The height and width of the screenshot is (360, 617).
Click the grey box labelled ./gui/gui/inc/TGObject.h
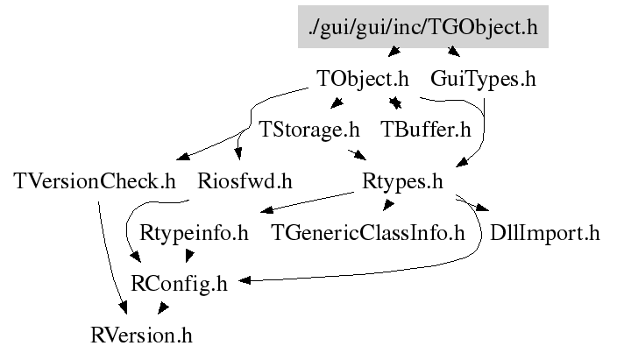coord(422,26)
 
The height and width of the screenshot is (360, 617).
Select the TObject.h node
coord(363,78)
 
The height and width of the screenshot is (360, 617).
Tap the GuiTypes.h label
coord(483,78)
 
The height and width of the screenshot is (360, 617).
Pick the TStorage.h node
coord(309,130)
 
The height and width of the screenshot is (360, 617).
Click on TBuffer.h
coord(426,130)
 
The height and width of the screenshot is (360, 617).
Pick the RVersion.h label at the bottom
coord(141,335)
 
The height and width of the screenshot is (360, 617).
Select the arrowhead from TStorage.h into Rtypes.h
coord(361,157)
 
